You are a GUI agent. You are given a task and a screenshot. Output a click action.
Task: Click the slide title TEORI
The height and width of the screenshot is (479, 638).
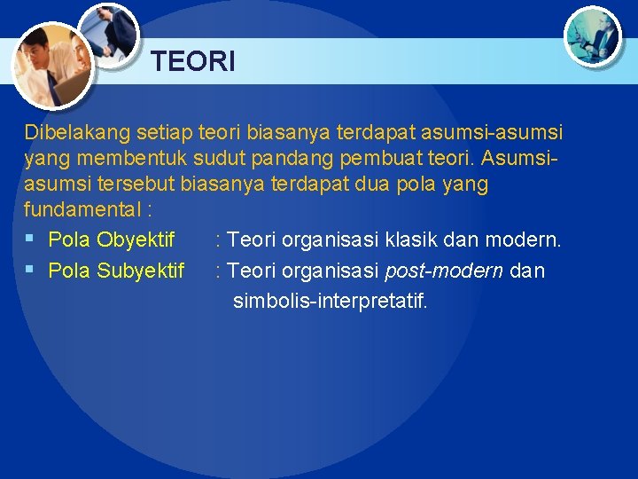coord(192,62)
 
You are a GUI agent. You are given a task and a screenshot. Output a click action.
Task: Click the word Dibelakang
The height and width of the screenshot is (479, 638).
coord(77,133)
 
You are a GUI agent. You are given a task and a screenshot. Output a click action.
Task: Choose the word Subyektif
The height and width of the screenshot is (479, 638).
coord(141,271)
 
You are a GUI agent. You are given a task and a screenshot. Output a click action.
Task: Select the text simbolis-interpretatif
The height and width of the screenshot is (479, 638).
coord(330,302)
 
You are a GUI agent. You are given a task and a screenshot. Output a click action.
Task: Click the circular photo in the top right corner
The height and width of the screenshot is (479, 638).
coord(593,35)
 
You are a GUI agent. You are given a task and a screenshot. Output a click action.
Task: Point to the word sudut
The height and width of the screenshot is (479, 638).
coord(217,159)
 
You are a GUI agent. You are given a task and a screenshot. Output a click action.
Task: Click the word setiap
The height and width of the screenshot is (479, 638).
coord(166,133)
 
